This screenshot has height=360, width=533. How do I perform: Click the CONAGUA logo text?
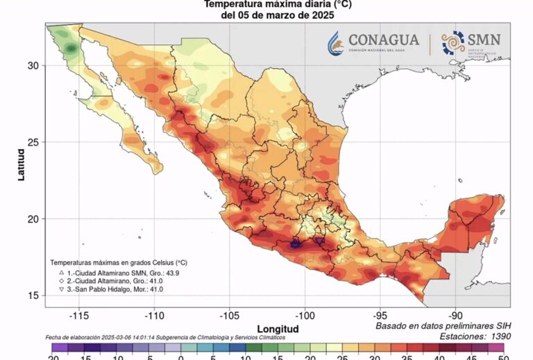coord(384,40)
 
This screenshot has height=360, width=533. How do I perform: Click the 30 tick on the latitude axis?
coord(33,65)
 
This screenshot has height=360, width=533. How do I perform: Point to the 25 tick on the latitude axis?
coord(33,142)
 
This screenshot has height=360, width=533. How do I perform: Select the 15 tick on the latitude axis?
coord(33,296)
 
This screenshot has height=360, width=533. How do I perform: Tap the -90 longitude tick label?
coord(455,314)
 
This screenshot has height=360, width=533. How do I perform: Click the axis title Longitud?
coord(278,328)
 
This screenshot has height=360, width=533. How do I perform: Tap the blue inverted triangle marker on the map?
coord(319,241)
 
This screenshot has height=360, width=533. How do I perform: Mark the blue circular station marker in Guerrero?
coord(296,244)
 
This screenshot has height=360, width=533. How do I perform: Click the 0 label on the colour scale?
coord(180,357)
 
